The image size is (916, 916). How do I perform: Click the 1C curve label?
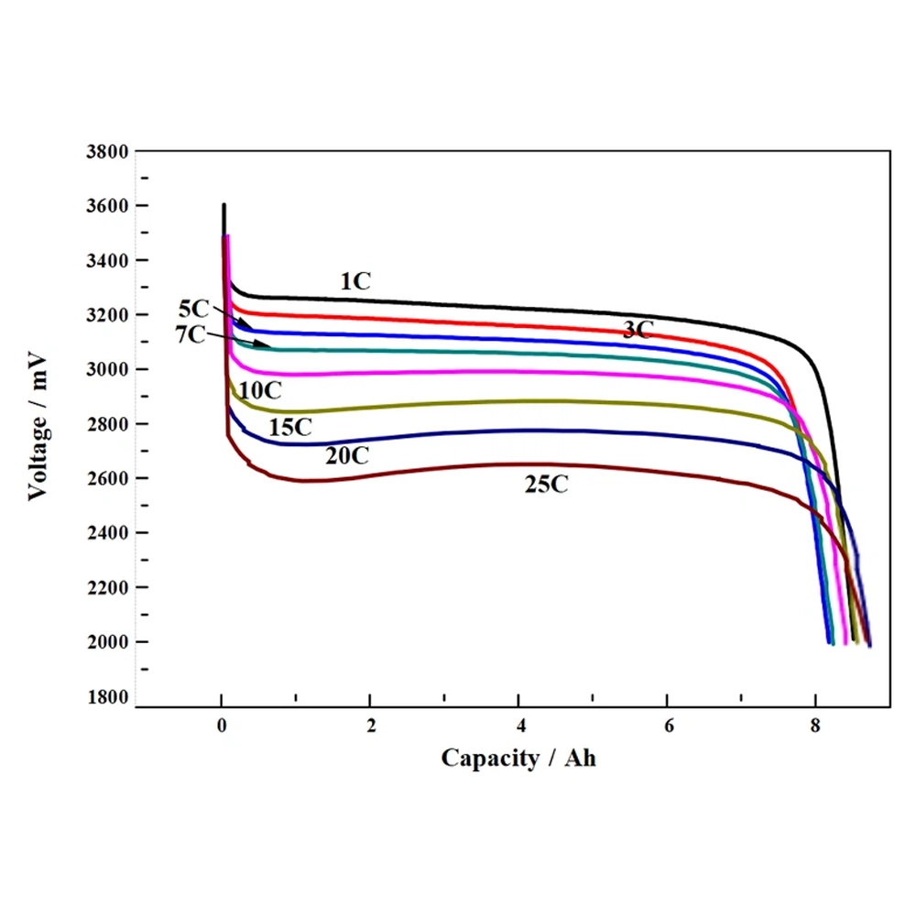355,281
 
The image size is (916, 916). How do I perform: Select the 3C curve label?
638,330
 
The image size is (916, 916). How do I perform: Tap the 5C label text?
193,308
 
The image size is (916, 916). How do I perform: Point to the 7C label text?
191,334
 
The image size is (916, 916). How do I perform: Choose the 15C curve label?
290,427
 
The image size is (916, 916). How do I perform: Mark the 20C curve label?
347,453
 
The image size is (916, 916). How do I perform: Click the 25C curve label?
547,485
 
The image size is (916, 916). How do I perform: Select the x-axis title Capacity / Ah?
518,758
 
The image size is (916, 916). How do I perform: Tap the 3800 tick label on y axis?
106,151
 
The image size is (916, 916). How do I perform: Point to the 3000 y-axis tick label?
106,369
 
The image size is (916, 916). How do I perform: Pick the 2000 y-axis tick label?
106,642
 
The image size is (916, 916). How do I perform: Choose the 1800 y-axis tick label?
106,696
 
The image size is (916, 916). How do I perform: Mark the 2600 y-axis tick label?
106,478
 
